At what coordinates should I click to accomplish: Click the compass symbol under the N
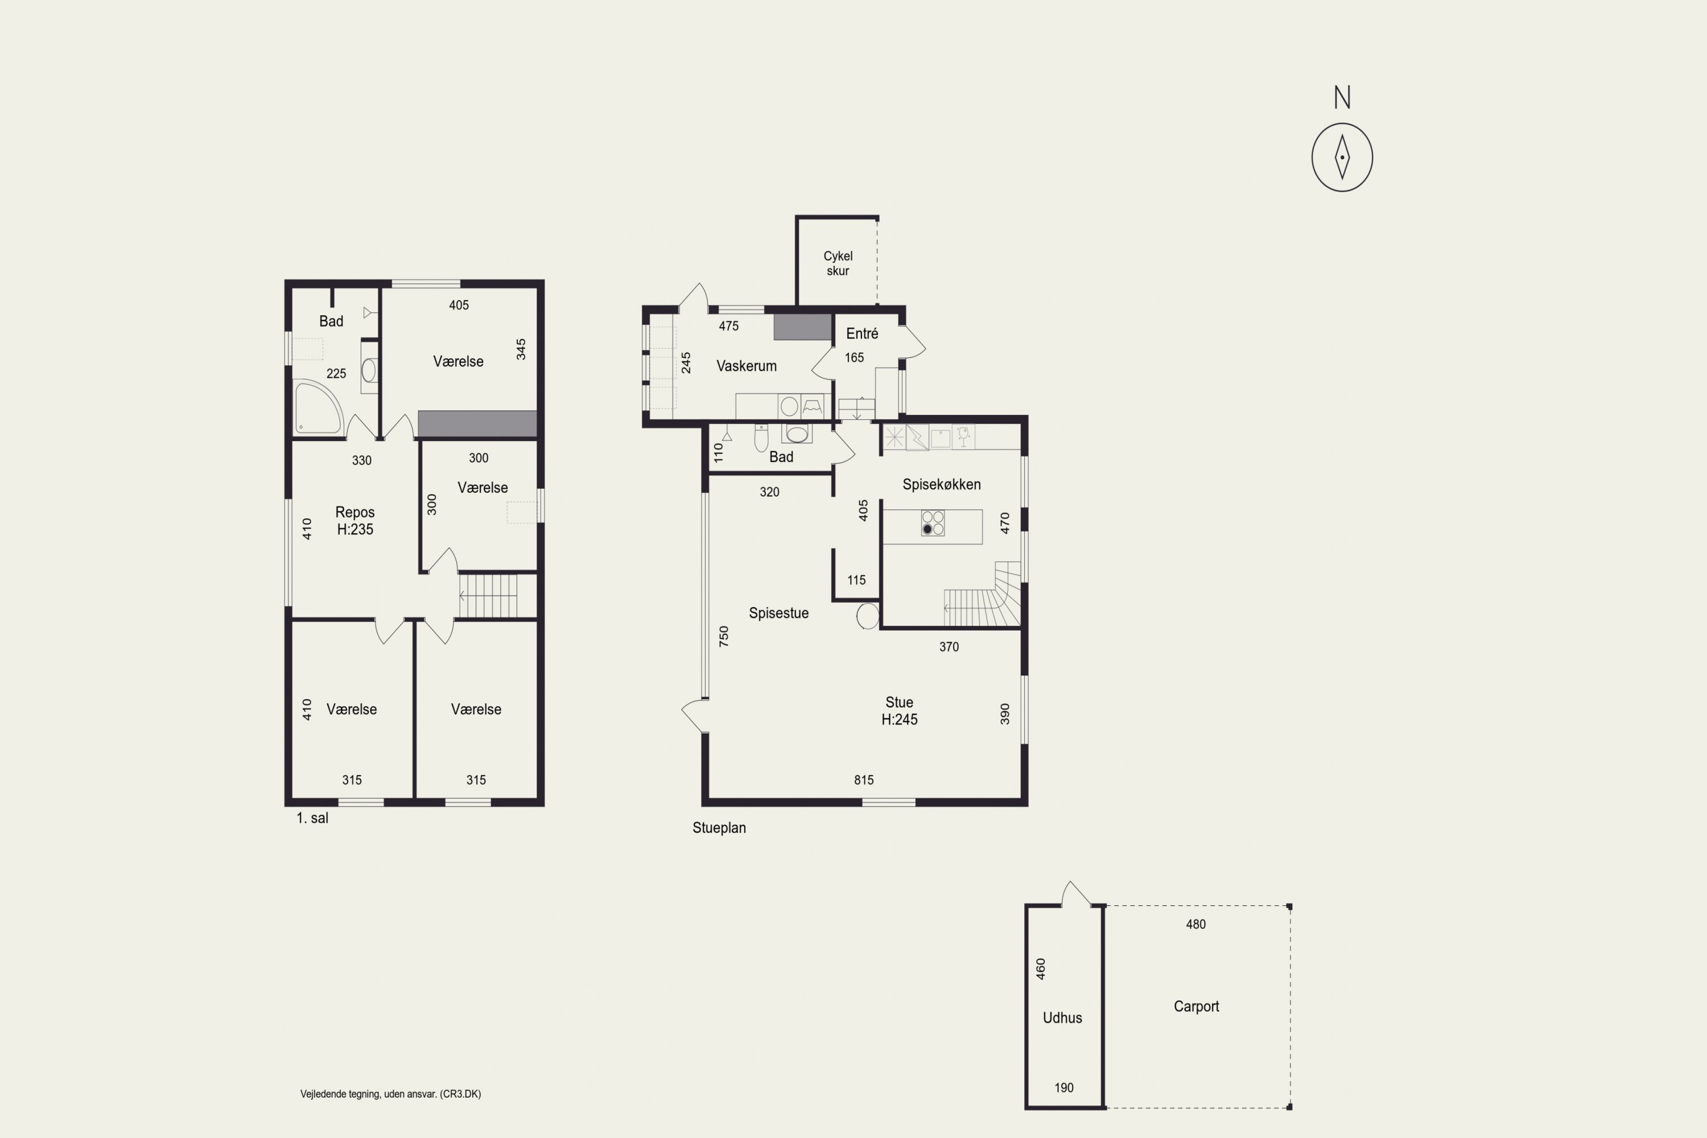point(1342,158)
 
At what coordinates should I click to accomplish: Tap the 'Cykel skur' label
point(838,263)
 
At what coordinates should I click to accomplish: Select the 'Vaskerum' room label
point(746,366)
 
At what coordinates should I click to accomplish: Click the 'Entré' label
point(862,334)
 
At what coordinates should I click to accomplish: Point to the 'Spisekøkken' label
point(941,484)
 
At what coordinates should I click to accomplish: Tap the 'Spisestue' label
point(779,613)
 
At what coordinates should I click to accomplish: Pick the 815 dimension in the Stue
point(864,780)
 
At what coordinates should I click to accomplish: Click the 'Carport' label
point(1196,1007)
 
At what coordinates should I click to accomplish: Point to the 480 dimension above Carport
point(1195,925)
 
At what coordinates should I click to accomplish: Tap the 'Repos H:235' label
point(355,521)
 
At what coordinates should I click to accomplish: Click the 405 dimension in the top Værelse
point(459,306)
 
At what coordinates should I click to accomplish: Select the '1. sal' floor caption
point(312,818)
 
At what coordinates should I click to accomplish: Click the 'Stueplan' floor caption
point(719,828)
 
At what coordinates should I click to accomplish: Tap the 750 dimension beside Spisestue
point(724,637)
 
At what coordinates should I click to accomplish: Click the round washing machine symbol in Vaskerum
point(789,406)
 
